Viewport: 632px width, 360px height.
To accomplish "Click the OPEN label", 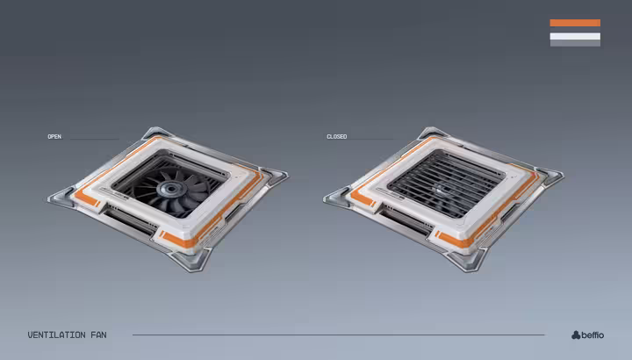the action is [x=54, y=137].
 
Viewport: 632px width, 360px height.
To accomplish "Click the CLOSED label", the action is [x=336, y=137].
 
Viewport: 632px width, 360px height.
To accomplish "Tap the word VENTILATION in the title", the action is [x=56, y=335].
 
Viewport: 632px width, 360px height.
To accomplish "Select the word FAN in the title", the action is [x=98, y=335].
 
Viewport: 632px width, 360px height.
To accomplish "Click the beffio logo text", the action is [x=592, y=335].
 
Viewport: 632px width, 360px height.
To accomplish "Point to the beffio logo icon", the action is [x=576, y=335].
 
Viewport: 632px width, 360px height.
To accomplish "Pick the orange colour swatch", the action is [x=575, y=23].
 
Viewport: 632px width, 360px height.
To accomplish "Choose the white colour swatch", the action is [x=575, y=36].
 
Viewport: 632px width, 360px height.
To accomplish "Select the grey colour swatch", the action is [x=575, y=43].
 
